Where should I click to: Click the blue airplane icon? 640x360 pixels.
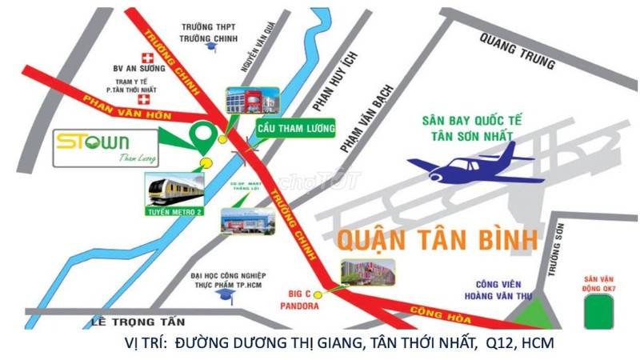[x=472, y=168]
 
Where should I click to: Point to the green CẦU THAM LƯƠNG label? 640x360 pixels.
[x=295, y=129]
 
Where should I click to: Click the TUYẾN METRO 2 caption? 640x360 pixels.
[x=175, y=212]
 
